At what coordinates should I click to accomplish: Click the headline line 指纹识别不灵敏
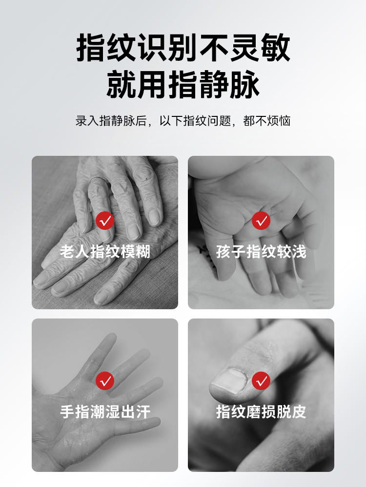pyautogui.click(x=183, y=48)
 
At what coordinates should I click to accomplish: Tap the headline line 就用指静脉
pyautogui.click(x=183, y=84)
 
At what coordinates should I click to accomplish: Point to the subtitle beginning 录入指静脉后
pyautogui.click(x=183, y=121)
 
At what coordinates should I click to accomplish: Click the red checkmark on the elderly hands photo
pyautogui.click(x=105, y=221)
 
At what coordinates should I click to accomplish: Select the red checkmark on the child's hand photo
pyautogui.click(x=261, y=221)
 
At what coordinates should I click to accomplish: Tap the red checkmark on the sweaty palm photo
pyautogui.click(x=105, y=381)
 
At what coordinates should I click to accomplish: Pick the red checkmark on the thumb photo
pyautogui.click(x=261, y=381)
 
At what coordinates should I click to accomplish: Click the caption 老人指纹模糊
pyautogui.click(x=105, y=251)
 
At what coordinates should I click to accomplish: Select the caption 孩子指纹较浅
pyautogui.click(x=261, y=251)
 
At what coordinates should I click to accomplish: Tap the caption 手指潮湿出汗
pyautogui.click(x=105, y=412)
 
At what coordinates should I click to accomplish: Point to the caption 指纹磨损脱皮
pyautogui.click(x=261, y=412)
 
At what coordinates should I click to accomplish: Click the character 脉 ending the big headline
pyautogui.click(x=245, y=84)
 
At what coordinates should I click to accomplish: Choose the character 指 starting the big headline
pyautogui.click(x=91, y=48)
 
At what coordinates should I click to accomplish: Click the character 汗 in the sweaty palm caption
pyautogui.click(x=143, y=412)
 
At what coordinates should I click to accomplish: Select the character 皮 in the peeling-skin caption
pyautogui.click(x=299, y=412)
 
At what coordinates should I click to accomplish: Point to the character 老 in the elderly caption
pyautogui.click(x=67, y=251)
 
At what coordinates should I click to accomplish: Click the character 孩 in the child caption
pyautogui.click(x=224, y=251)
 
